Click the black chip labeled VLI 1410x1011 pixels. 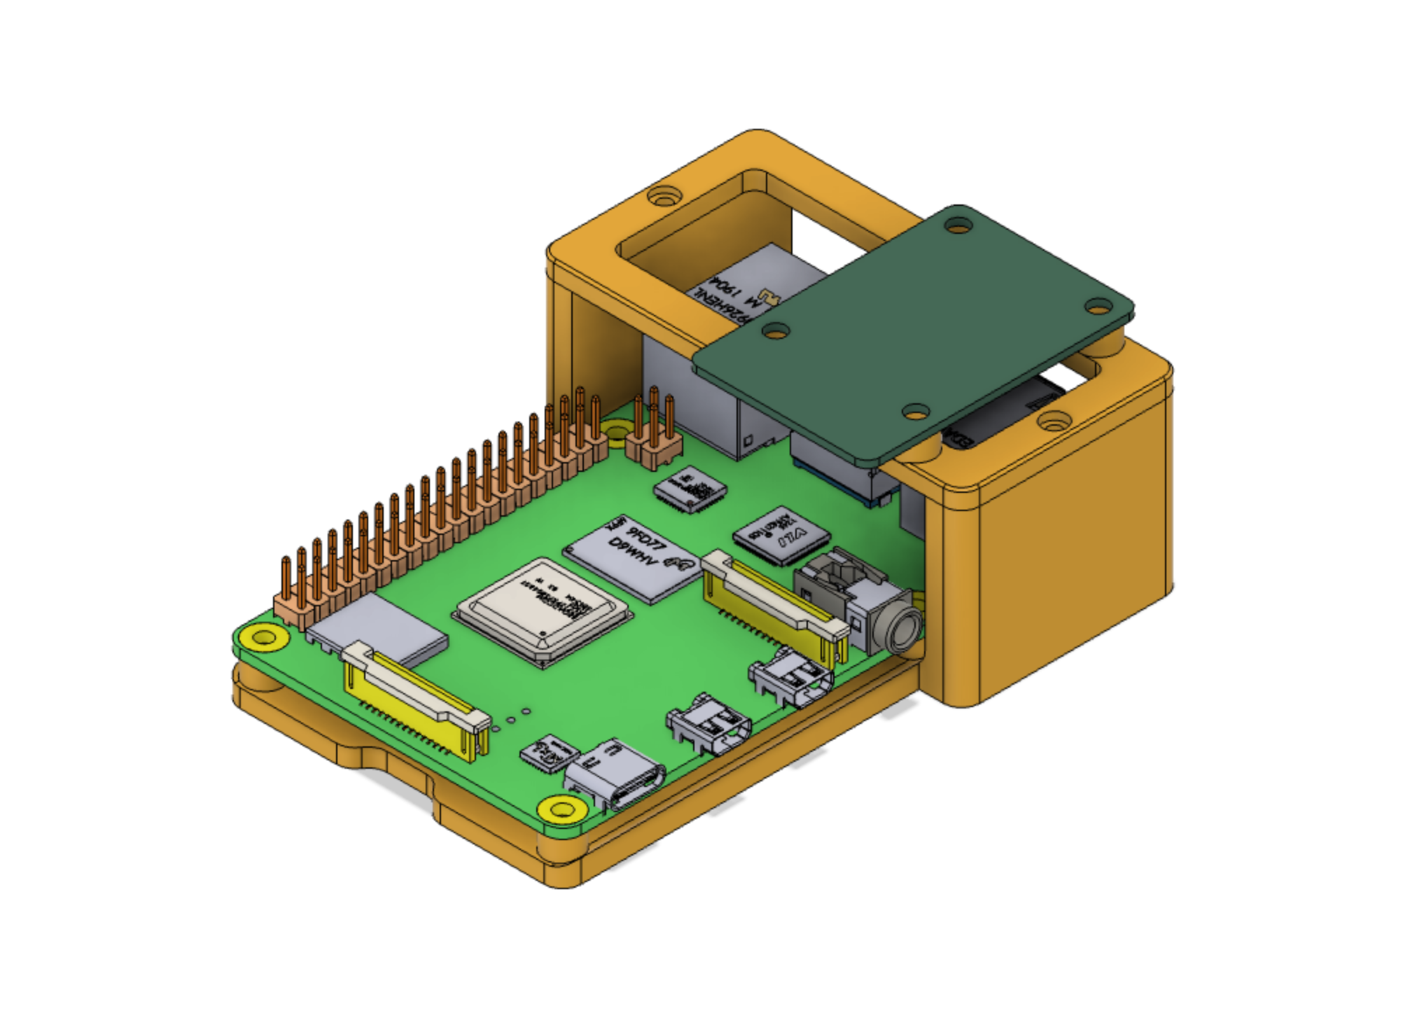click(781, 536)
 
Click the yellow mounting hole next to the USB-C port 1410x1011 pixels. click(561, 810)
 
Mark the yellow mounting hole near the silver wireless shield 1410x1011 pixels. click(263, 637)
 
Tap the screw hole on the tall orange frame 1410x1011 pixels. click(663, 195)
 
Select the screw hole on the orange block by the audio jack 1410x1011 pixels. click(1053, 421)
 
